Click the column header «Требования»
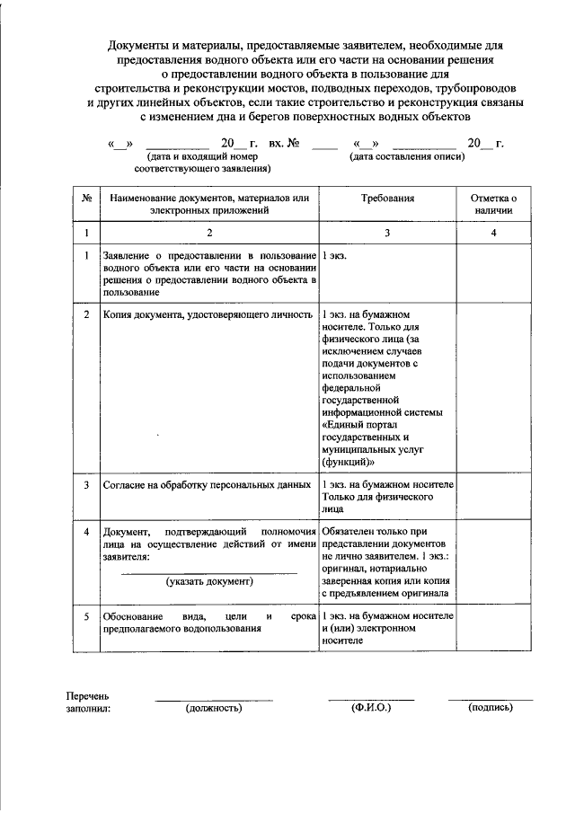tap(388, 197)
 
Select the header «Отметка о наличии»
tap(494, 203)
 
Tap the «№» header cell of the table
tap(86, 197)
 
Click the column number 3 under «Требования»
tap(388, 233)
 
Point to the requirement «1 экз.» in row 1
tap(335, 256)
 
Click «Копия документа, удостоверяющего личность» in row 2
tap(208, 315)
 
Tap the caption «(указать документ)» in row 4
tap(209, 581)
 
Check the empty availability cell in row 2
tap(494, 386)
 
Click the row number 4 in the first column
tap(86, 532)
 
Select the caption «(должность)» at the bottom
tap(214, 708)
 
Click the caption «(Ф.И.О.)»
tap(370, 708)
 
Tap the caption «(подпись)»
tap(491, 708)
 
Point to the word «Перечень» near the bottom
tap(87, 695)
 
